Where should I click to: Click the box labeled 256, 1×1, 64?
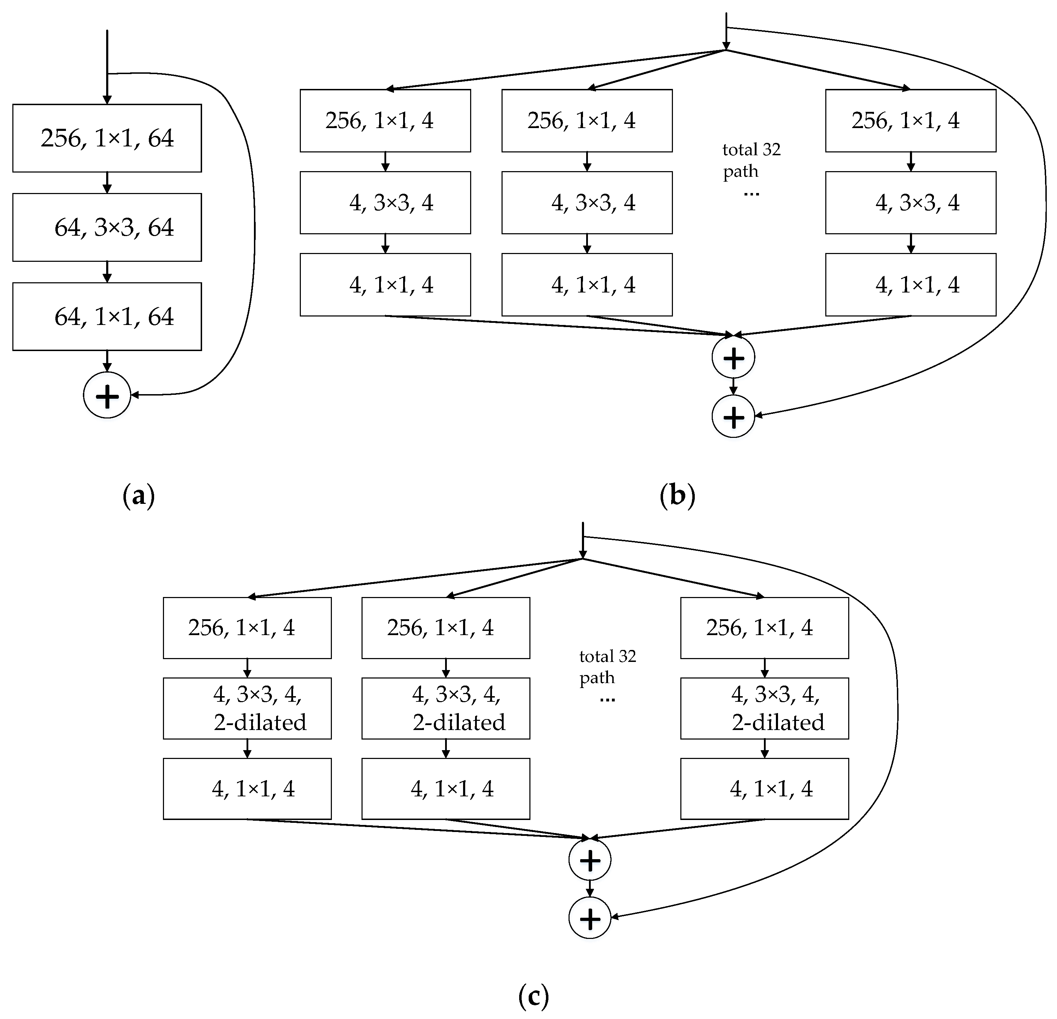point(107,138)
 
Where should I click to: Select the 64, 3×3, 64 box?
point(107,227)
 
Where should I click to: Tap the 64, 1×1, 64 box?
point(107,316)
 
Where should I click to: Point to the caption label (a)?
point(139,495)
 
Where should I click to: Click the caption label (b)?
point(678,495)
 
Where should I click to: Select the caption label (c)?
point(533,996)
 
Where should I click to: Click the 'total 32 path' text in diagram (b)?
point(751,160)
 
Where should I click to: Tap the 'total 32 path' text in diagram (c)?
point(607,667)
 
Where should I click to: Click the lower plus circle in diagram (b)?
point(733,416)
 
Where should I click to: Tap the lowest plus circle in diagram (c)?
point(589,918)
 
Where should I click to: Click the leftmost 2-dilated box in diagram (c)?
point(247,708)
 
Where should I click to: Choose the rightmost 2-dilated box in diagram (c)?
point(764,708)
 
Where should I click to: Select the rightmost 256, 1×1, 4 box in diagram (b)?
point(910,121)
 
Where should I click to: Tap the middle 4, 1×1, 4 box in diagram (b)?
point(587,285)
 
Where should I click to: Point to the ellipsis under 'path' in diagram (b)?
point(751,193)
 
